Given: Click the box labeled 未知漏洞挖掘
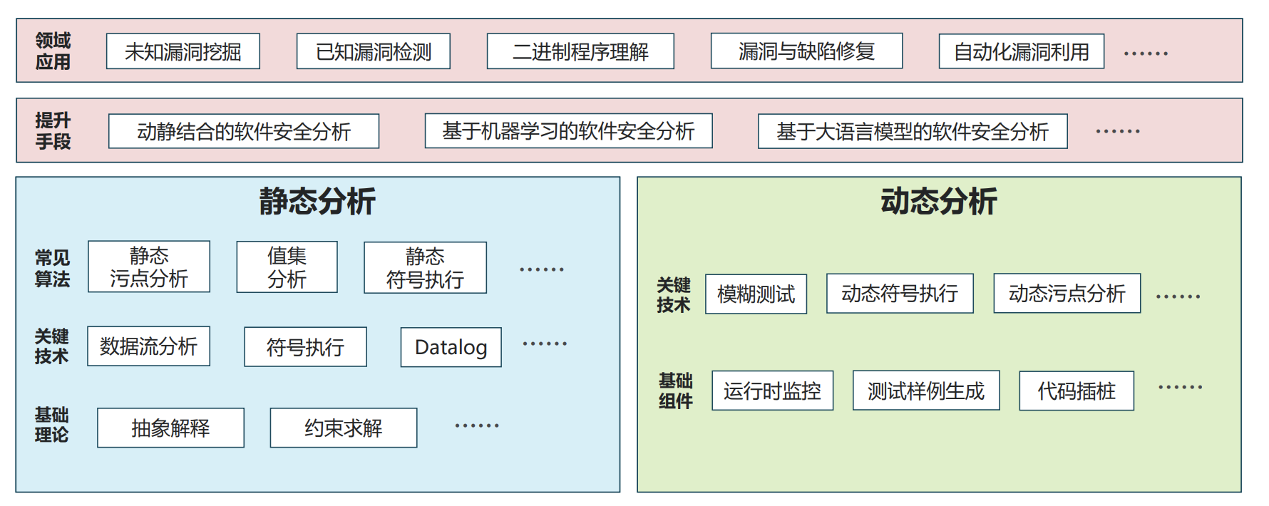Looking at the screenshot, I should click(183, 51).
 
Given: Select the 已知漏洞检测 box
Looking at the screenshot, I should click(373, 51).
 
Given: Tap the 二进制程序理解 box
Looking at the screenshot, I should click(580, 51).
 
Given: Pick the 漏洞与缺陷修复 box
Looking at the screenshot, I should click(806, 51).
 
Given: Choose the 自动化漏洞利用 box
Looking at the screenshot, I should click(1021, 51).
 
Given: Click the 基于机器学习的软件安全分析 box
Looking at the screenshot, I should click(568, 131).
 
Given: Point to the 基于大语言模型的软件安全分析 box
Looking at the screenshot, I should click(912, 131).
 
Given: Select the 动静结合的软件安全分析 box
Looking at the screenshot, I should click(243, 131).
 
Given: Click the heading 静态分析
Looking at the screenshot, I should click(317, 201).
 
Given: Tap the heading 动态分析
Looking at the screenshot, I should click(938, 201).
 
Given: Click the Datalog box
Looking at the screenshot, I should click(451, 347).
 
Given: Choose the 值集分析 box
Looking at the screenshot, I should click(287, 267).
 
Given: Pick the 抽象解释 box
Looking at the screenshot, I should click(170, 428).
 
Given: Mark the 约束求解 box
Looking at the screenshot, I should click(343, 428).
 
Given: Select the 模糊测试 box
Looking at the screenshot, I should click(756, 294).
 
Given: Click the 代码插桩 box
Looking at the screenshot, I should click(1076, 391).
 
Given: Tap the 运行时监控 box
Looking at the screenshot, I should click(772, 391).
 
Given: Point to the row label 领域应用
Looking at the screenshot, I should click(53, 51).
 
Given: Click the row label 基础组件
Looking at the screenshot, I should click(675, 391).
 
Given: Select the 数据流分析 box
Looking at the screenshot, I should click(148, 346).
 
